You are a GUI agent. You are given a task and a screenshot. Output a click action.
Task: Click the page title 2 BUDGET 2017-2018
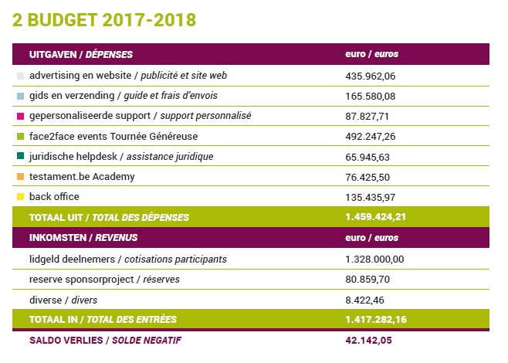pyautogui.click(x=104, y=20)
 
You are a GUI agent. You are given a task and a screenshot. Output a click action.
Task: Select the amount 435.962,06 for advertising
pyautogui.click(x=371, y=76)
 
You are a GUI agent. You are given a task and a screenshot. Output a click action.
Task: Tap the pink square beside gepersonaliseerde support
pyautogui.click(x=20, y=116)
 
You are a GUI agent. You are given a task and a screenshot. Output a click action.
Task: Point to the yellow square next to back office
pyautogui.click(x=20, y=197)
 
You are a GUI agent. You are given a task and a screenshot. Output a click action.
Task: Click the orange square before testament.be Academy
pyautogui.click(x=20, y=177)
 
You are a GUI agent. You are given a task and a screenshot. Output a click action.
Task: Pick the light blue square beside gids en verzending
pyautogui.click(x=20, y=96)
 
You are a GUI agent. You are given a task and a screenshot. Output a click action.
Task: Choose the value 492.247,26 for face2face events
pyautogui.click(x=371, y=137)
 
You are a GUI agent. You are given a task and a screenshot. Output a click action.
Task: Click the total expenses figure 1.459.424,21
pyautogui.click(x=375, y=217)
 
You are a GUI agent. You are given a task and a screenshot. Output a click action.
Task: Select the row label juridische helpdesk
pyautogui.click(x=73, y=157)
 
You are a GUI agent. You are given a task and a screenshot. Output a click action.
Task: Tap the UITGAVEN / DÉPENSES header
pyautogui.click(x=81, y=54)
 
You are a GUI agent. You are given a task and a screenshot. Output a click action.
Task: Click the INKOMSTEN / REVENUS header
pyautogui.click(x=83, y=238)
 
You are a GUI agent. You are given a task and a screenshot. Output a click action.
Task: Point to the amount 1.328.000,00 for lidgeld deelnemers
pyautogui.click(x=374, y=260)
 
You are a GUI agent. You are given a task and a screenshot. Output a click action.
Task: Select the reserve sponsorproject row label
pyautogui.click(x=81, y=280)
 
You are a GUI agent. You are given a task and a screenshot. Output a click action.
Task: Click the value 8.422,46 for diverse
pyautogui.click(x=364, y=300)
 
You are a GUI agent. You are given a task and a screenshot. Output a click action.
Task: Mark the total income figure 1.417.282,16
pyautogui.click(x=376, y=320)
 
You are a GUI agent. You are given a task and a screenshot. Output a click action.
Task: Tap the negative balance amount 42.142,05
pyautogui.click(x=369, y=341)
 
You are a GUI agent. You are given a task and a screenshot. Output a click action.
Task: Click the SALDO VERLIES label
pyautogui.click(x=66, y=341)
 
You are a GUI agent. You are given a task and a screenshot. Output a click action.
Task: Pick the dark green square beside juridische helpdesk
pyautogui.click(x=20, y=156)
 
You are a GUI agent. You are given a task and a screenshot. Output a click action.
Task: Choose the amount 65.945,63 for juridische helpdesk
pyautogui.click(x=367, y=158)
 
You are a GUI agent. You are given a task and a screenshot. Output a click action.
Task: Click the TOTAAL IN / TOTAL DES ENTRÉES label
pyautogui.click(x=103, y=320)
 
